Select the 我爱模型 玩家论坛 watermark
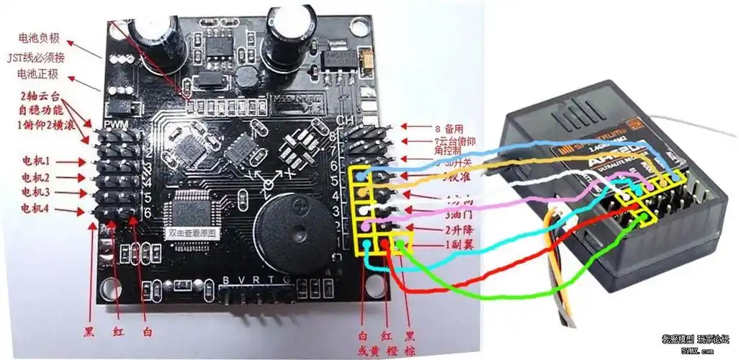[x=695, y=338]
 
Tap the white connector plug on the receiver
[x=556, y=217]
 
